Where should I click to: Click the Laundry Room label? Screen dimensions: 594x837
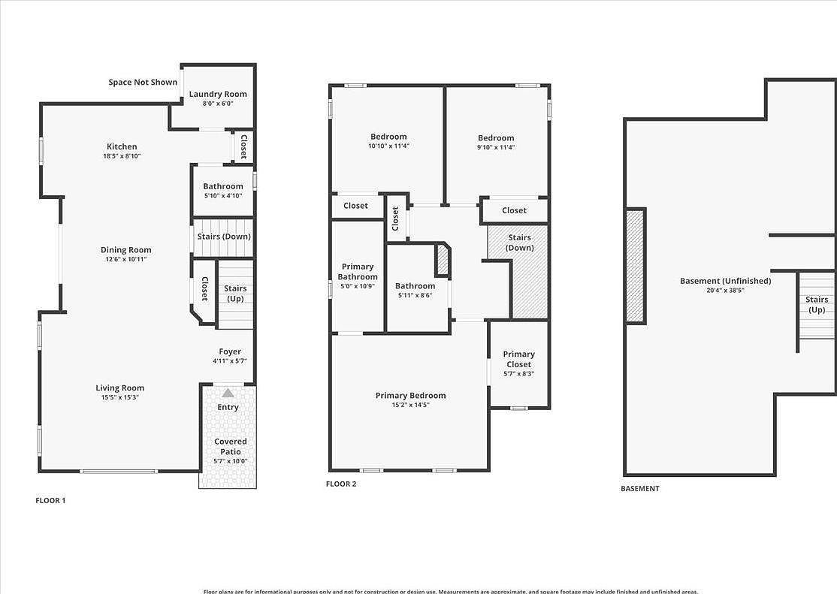pyautogui.click(x=218, y=94)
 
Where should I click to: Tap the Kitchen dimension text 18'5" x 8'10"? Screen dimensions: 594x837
pyautogui.click(x=122, y=156)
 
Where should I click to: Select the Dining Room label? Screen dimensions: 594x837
pyautogui.click(x=126, y=250)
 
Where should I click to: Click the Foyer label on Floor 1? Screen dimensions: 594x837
pyautogui.click(x=230, y=351)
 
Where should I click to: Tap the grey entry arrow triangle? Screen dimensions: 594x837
pyautogui.click(x=228, y=393)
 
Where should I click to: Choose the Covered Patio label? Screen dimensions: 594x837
pyautogui.click(x=230, y=446)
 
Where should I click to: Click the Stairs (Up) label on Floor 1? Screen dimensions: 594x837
pyautogui.click(x=235, y=294)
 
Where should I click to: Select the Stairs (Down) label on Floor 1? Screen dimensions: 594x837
pyautogui.click(x=224, y=237)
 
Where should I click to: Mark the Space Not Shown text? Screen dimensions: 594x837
pyautogui.click(x=143, y=83)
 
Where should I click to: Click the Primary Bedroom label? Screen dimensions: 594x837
pyautogui.click(x=410, y=396)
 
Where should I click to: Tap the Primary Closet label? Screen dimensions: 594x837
pyautogui.click(x=518, y=359)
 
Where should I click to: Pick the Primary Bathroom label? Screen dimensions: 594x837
pyautogui.click(x=358, y=272)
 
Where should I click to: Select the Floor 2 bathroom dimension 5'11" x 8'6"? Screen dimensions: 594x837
pyautogui.click(x=415, y=295)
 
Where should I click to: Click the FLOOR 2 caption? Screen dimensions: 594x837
pyautogui.click(x=341, y=484)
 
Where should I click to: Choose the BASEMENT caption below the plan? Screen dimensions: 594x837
pyautogui.click(x=639, y=488)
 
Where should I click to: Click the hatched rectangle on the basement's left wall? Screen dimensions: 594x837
pyautogui.click(x=635, y=266)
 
